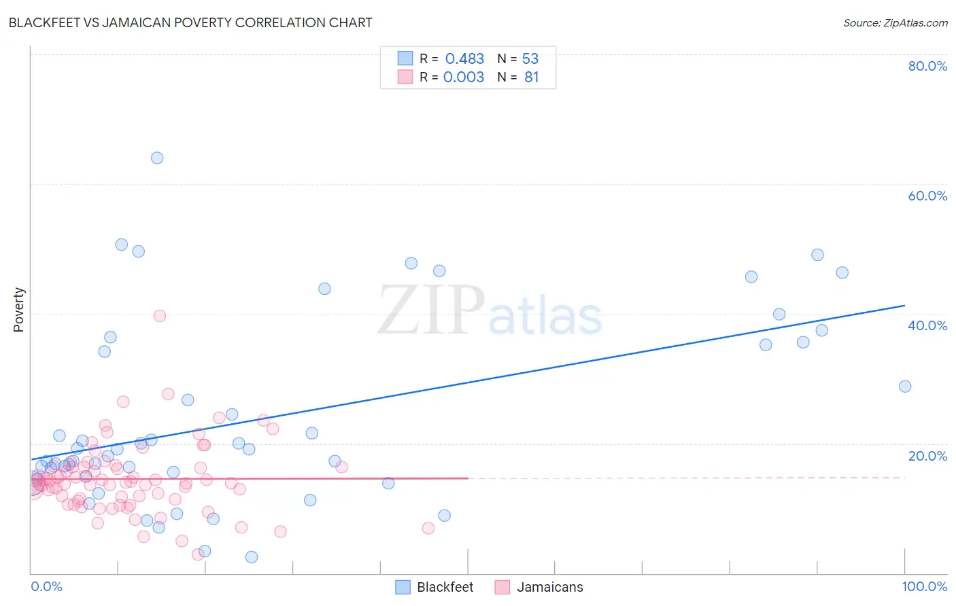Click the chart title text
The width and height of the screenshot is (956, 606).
190,22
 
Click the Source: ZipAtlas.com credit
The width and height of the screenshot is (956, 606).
895,22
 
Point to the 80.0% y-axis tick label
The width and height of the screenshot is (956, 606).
927,66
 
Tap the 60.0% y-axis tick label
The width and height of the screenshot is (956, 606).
927,196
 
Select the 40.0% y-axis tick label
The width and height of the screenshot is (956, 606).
927,325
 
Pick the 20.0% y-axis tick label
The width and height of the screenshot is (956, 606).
927,456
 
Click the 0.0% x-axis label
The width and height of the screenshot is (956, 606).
46,586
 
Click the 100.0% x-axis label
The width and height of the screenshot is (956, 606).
924,586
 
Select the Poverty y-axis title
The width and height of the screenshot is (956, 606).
18,310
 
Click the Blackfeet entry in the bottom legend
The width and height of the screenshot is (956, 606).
445,587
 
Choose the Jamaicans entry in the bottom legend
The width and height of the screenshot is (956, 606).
549,587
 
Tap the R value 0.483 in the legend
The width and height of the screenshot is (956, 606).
464,59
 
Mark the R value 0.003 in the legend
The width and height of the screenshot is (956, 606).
464,77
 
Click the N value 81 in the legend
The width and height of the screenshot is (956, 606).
531,77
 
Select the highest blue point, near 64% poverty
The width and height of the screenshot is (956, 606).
157,158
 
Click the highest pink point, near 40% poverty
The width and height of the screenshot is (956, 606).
160,316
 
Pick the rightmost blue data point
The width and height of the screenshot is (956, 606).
905,387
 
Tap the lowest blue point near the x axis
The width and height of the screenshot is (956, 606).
252,557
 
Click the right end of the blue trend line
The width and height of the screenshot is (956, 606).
904,306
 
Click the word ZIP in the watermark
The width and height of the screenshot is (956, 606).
431,310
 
